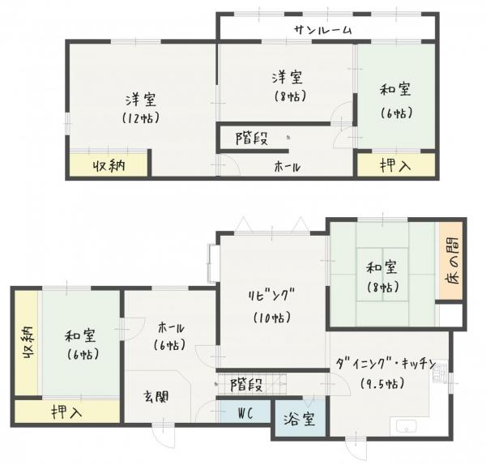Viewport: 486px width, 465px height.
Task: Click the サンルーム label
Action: [x=323, y=30]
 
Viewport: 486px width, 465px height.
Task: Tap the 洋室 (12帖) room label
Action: [x=141, y=108]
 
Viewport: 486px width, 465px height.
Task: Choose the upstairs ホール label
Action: [x=288, y=167]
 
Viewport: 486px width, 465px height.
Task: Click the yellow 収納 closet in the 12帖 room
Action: [x=108, y=166]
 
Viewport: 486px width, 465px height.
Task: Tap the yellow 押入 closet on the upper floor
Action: [x=395, y=165]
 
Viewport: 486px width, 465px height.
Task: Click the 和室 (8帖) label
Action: [x=380, y=275]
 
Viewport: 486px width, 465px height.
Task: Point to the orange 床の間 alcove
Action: [x=450, y=261]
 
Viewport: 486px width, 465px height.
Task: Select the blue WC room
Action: [x=245, y=412]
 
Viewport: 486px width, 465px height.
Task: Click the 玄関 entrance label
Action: [x=157, y=397]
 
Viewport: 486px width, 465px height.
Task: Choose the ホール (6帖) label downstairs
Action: [x=169, y=335]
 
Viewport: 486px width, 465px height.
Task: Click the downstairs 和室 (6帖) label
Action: [x=79, y=343]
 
